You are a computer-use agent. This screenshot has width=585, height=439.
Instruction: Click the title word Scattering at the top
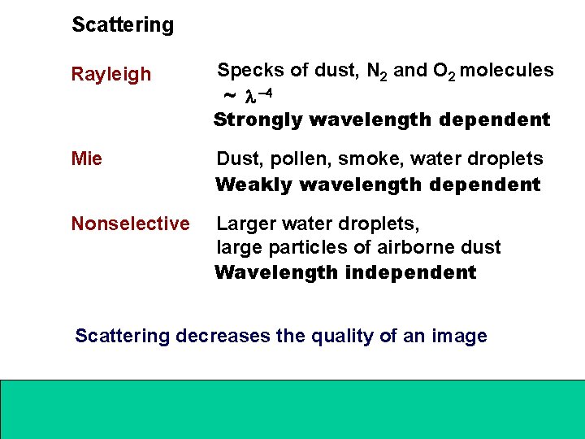123,25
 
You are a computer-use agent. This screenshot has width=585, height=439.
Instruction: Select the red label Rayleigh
111,75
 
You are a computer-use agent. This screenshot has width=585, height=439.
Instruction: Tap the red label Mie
87,159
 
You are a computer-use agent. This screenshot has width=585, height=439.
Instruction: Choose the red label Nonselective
130,224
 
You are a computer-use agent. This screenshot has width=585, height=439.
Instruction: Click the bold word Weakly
253,185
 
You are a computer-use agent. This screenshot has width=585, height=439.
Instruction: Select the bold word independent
410,272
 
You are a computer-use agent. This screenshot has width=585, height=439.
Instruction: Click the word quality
343,336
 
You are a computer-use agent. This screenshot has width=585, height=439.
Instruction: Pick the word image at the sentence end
461,336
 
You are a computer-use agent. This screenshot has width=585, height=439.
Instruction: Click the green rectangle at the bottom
292,408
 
